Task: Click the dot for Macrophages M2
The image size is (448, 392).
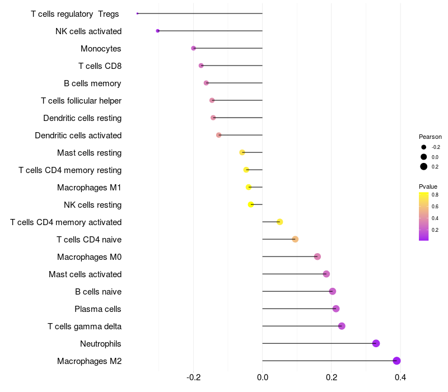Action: click(396, 361)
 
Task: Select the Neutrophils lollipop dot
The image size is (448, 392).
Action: click(376, 343)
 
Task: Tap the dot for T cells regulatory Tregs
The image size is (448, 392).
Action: click(137, 13)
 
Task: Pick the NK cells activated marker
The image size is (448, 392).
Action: click(158, 31)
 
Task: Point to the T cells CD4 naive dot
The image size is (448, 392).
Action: click(295, 239)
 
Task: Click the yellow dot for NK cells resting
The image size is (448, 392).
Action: click(251, 204)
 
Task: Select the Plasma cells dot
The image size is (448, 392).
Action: click(335, 309)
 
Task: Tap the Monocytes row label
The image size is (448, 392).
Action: click(101, 49)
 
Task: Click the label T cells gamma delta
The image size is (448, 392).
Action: click(85, 326)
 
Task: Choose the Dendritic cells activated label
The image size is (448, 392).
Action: click(78, 136)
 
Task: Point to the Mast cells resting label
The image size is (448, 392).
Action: click(89, 153)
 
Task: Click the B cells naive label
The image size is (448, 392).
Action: click(98, 291)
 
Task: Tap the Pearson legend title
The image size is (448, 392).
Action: click(430, 137)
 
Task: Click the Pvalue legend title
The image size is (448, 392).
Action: click(428, 186)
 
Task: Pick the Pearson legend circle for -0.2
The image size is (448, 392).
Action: click(424, 147)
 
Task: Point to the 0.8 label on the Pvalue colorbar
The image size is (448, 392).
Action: click(435, 195)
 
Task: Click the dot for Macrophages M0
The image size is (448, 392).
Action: click(318, 256)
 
